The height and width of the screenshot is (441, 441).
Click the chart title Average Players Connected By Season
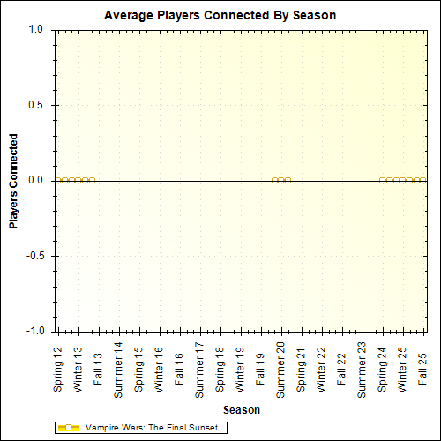[x=220, y=15]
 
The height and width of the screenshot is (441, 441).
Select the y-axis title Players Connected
[x=13, y=181]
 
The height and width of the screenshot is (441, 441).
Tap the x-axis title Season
[x=241, y=410]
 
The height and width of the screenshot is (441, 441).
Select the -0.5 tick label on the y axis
[x=34, y=256]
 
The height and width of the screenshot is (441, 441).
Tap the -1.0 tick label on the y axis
[x=34, y=331]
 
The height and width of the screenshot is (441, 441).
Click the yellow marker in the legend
[x=68, y=428]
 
